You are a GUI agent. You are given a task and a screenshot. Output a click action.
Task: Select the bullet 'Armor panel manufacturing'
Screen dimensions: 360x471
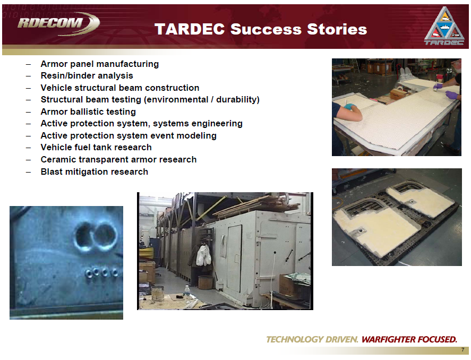pos(99,64)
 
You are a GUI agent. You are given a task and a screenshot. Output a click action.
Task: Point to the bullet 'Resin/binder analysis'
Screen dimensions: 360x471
pos(87,76)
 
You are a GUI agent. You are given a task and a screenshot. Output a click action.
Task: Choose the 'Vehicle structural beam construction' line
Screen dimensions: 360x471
pos(119,88)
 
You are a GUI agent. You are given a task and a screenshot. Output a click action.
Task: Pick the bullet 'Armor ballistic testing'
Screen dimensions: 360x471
pos(88,112)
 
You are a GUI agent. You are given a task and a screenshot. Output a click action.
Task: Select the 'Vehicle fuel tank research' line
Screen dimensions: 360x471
pos(96,147)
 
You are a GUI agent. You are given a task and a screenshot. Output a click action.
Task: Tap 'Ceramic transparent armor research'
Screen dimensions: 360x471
pos(118,159)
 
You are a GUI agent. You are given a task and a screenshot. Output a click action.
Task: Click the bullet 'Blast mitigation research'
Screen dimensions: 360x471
pos(94,172)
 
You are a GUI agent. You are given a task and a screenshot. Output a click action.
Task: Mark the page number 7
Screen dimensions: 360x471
pos(463,350)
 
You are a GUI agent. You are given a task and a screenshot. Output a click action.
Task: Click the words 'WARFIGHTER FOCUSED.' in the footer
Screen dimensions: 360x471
pos(409,339)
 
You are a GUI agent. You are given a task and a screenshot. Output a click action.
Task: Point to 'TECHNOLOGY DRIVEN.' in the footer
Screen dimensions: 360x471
pos(312,339)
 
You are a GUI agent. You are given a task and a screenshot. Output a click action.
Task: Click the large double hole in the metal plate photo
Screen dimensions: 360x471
pos(95,235)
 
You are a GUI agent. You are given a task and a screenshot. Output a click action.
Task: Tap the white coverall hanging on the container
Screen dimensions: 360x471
pos(203,255)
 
